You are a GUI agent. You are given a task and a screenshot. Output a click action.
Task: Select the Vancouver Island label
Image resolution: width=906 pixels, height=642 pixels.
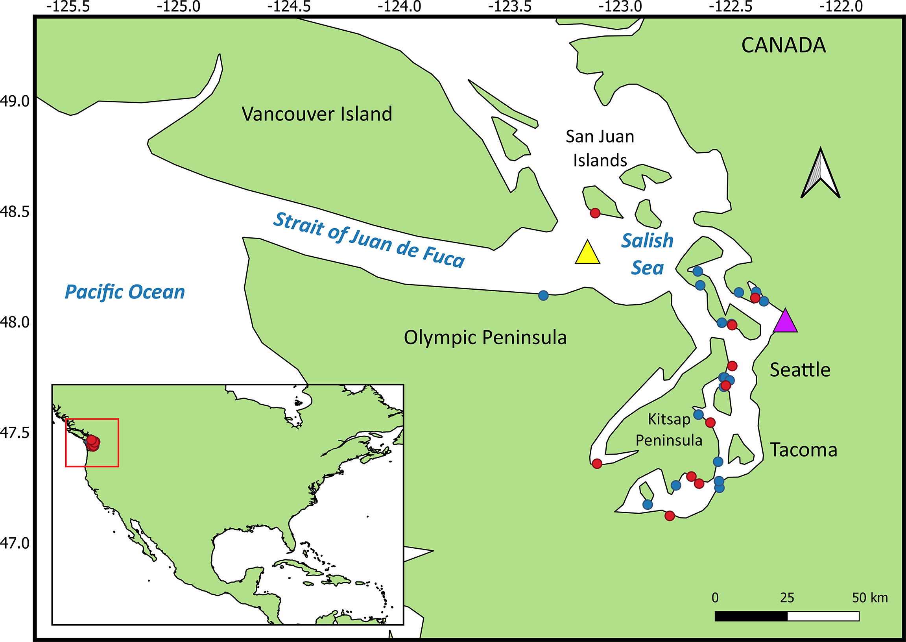pyautogui.click(x=316, y=114)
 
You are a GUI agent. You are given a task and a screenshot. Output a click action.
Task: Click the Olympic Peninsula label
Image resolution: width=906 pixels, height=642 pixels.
pyautogui.click(x=485, y=337)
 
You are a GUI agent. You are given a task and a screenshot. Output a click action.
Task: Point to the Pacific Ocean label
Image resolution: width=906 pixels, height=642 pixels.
pyautogui.click(x=124, y=292)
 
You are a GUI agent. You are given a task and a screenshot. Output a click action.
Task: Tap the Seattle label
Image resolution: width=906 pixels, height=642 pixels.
pyautogui.click(x=800, y=370)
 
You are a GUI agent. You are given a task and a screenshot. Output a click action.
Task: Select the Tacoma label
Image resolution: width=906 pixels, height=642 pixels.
pyautogui.click(x=803, y=450)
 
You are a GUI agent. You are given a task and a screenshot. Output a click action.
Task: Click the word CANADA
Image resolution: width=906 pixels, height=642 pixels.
pyautogui.click(x=783, y=45)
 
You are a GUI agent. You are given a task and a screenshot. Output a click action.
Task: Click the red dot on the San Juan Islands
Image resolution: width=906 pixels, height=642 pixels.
pyautogui.click(x=595, y=213)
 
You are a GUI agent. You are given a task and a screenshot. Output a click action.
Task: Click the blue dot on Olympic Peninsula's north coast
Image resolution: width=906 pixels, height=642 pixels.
pyautogui.click(x=543, y=295)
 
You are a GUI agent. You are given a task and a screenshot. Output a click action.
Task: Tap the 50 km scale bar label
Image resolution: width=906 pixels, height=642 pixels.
pyautogui.click(x=869, y=598)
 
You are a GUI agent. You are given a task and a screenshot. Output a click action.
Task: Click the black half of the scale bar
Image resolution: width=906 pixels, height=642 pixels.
pyautogui.click(x=751, y=616)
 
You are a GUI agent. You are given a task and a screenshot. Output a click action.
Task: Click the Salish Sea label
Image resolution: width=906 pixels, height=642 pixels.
pyautogui.click(x=647, y=254)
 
